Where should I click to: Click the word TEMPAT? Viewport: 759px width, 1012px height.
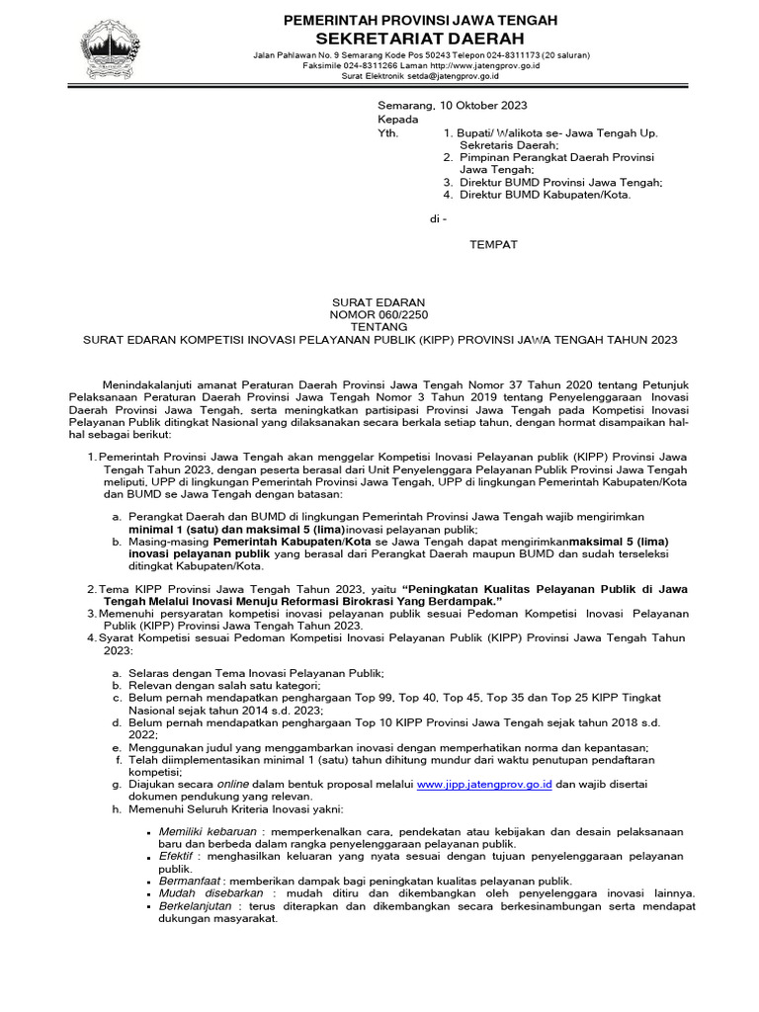492,243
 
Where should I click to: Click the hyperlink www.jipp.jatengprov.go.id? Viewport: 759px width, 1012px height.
482,784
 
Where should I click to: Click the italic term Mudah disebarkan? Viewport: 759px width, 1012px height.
204,892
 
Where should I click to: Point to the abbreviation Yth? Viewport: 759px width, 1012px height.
388,131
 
